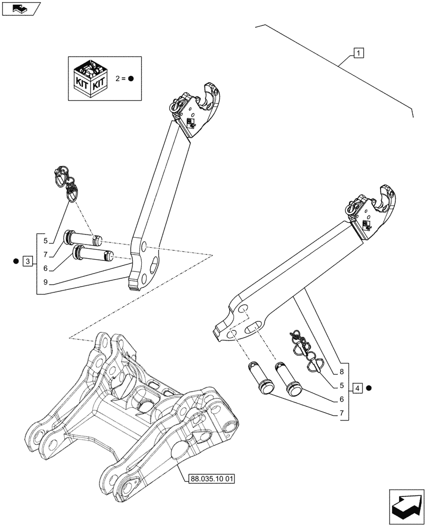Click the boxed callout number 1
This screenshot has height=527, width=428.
[x=358, y=53]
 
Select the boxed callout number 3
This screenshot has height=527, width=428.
[x=28, y=260]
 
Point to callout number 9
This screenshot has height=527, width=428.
[x=46, y=282]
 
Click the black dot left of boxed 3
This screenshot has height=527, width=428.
[x=16, y=260]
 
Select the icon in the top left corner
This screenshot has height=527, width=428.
[x=20, y=8]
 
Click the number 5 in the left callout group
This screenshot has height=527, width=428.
[x=46, y=241]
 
